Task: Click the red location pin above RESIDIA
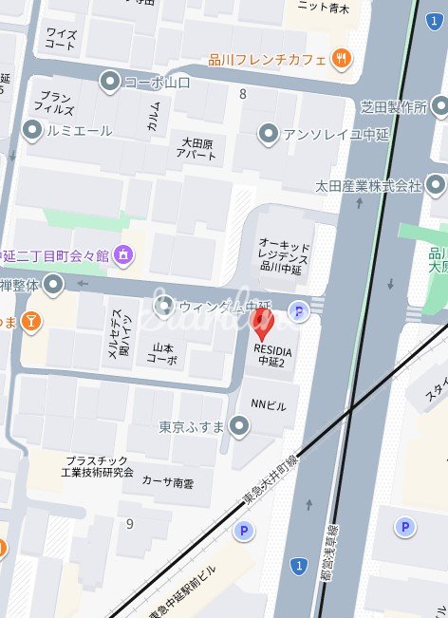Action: (265, 326)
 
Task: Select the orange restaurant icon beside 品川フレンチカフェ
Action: (342, 58)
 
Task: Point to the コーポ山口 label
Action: (157, 83)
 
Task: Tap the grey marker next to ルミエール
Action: (32, 131)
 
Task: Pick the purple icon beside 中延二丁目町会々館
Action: (123, 254)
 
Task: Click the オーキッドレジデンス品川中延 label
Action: (284, 254)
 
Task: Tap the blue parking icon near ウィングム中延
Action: (300, 309)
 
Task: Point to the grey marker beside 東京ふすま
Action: (239, 427)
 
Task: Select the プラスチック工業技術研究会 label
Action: (98, 466)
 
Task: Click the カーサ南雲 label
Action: (167, 482)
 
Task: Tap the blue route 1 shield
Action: (299, 567)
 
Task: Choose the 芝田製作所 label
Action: (394, 106)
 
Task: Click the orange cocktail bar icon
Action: (32, 323)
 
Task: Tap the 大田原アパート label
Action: (200, 148)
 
